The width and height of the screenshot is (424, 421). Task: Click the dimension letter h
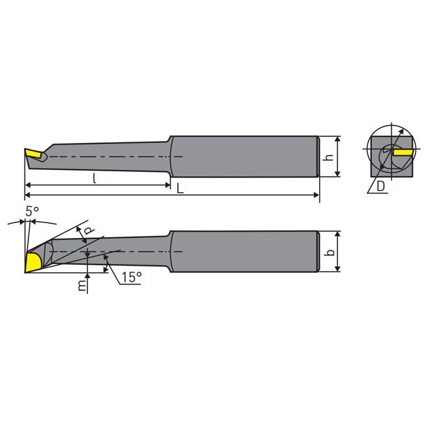click(329, 157)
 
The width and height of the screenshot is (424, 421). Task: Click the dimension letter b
click(329, 252)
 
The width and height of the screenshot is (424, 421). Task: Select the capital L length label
click(180, 188)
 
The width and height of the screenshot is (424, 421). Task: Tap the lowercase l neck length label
click(95, 178)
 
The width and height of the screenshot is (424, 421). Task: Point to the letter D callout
click(381, 186)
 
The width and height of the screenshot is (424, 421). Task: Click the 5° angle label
click(32, 211)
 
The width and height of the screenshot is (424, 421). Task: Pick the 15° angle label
click(131, 277)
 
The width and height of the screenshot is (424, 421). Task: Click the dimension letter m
click(82, 285)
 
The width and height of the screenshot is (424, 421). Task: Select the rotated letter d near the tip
click(89, 230)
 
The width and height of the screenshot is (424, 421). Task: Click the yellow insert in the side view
click(33, 154)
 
